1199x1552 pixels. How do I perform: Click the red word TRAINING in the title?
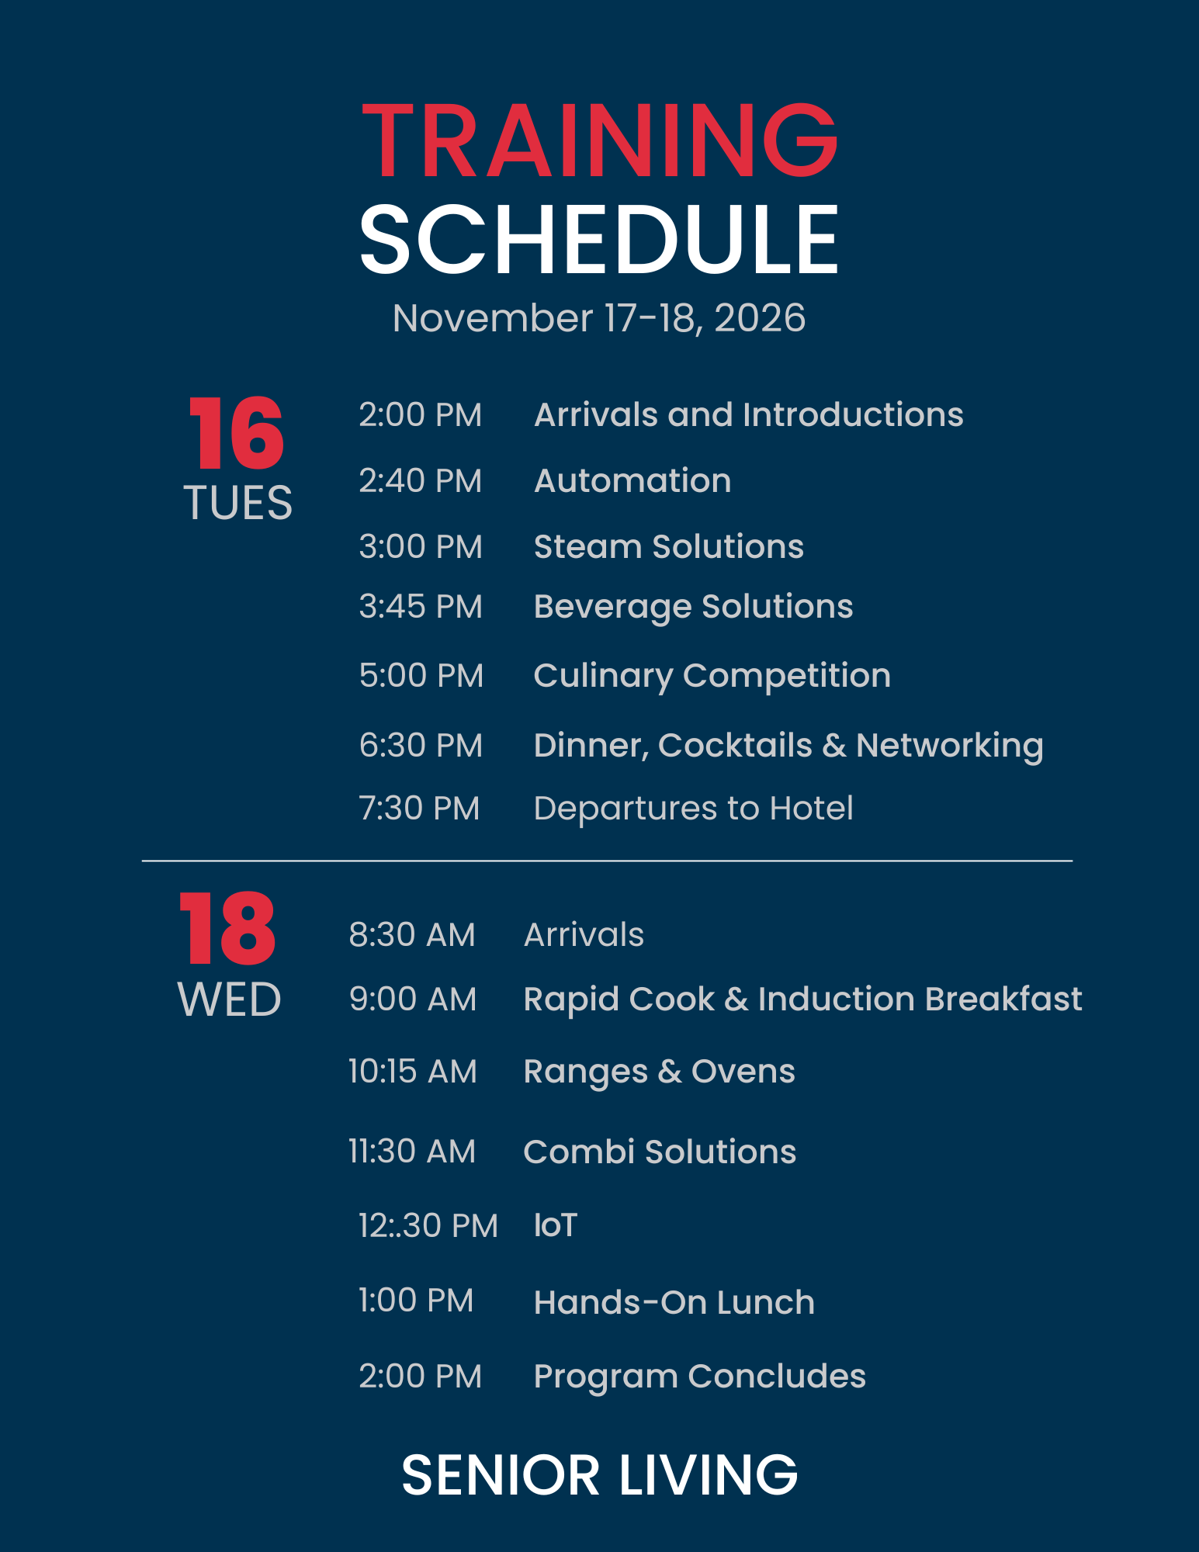click(x=599, y=140)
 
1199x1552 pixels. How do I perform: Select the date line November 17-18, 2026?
click(x=599, y=318)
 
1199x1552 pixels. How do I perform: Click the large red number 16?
click(x=237, y=433)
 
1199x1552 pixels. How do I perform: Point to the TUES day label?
click(x=238, y=503)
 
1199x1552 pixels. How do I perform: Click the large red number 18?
click(x=227, y=928)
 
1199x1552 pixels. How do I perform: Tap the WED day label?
click(x=230, y=999)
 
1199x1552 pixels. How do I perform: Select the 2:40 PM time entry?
click(x=420, y=481)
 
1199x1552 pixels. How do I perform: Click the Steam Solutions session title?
click(x=669, y=546)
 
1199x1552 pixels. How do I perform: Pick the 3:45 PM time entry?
click(x=421, y=607)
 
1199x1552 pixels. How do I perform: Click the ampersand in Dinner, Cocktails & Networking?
click(x=834, y=746)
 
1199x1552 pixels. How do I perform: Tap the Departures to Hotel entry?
click(x=694, y=809)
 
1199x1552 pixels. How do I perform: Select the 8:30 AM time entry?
click(x=411, y=935)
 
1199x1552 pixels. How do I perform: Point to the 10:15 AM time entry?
click(x=412, y=1072)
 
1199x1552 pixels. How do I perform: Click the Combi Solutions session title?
click(x=660, y=1152)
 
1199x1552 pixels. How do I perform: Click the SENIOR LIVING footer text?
click(x=600, y=1475)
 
